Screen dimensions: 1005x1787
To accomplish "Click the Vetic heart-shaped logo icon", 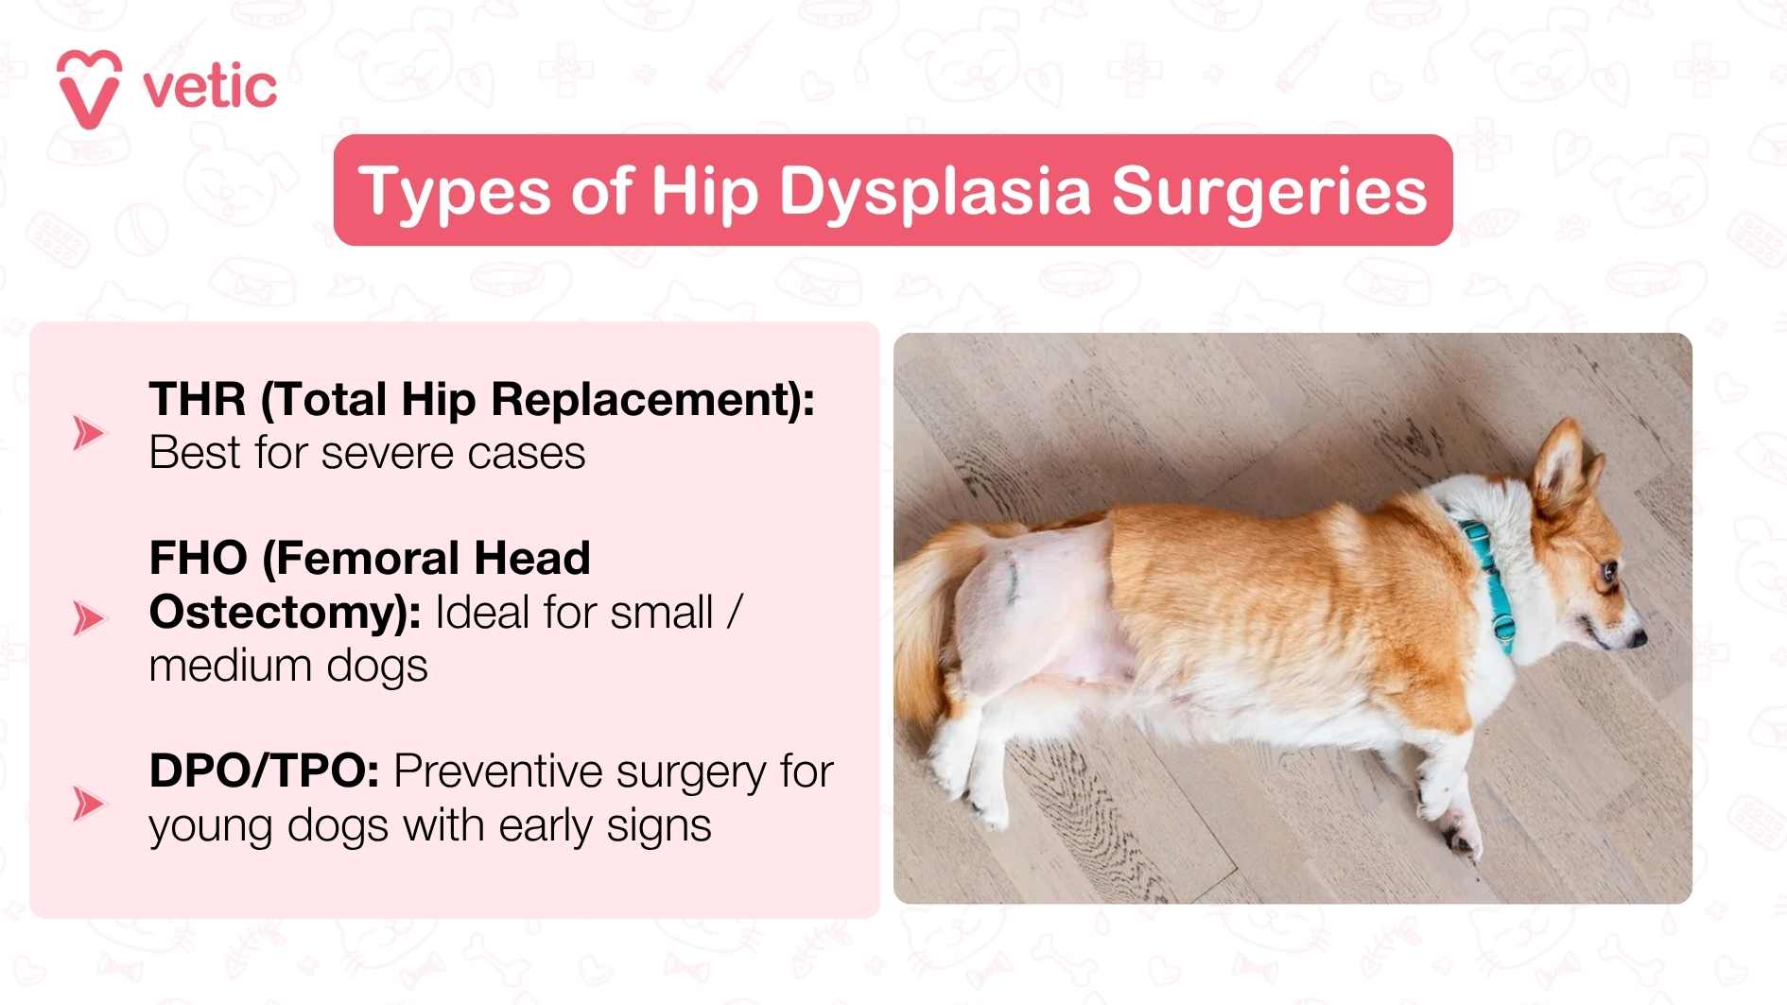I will [89, 89].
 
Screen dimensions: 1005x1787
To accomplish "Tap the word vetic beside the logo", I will [210, 88].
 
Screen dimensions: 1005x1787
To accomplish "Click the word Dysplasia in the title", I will [935, 191].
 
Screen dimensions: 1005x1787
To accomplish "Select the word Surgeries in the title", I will [1269, 191].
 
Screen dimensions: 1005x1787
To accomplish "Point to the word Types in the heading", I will [454, 191].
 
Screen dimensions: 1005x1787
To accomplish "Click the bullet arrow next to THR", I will [89, 432].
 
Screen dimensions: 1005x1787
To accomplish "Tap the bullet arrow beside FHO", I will [89, 618].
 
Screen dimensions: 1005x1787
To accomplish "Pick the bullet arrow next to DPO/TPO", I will [89, 804].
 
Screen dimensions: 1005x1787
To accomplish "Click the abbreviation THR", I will [198, 399].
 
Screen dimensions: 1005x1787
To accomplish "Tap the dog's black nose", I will [1639, 640].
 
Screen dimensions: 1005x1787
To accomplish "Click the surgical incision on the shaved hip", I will [1013, 576].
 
